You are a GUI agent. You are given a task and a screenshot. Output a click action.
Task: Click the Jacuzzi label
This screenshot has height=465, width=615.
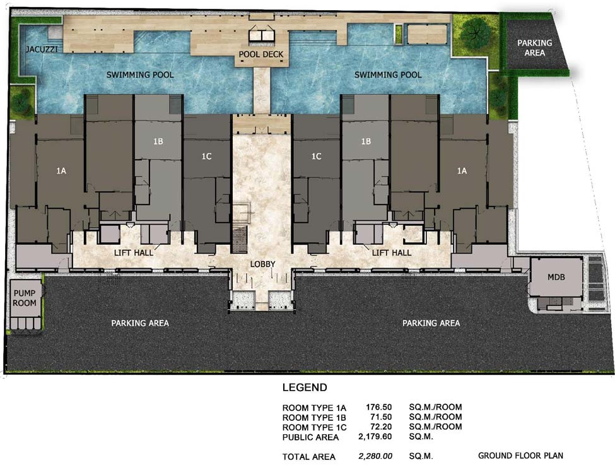tap(42, 49)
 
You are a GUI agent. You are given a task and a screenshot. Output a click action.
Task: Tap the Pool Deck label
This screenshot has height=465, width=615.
tap(261, 54)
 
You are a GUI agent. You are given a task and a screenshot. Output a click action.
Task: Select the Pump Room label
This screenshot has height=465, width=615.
tap(25, 298)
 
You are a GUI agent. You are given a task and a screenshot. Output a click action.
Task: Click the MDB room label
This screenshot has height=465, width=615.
tap(556, 277)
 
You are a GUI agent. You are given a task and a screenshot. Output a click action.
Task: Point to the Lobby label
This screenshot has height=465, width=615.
tap(262, 264)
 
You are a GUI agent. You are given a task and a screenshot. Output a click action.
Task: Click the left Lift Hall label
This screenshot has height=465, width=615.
tap(133, 253)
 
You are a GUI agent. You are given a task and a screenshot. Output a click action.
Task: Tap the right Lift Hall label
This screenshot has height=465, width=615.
tap(392, 253)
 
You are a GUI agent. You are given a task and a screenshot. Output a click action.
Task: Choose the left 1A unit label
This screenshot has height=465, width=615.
tap(61, 171)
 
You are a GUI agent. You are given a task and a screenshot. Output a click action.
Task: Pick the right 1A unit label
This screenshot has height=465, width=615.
tap(462, 171)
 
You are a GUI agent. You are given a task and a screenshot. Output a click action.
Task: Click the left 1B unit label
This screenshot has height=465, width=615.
tap(158, 141)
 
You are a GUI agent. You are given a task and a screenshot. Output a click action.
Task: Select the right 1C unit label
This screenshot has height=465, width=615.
tap(316, 156)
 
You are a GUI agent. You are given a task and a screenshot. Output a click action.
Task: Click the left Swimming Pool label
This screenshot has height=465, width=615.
tap(140, 74)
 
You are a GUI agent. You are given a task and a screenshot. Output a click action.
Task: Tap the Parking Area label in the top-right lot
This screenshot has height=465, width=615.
tap(535, 47)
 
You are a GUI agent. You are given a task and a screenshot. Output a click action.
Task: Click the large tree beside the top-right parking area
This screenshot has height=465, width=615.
tap(476, 33)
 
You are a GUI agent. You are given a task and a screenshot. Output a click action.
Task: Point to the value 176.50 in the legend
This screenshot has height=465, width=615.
tap(378, 407)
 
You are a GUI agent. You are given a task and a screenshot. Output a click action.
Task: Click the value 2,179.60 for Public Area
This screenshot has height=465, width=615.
tap(375, 437)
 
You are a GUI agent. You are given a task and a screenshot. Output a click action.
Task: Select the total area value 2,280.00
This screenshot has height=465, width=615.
tap(375, 456)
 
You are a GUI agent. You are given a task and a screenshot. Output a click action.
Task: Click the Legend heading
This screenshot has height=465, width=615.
tap(305, 387)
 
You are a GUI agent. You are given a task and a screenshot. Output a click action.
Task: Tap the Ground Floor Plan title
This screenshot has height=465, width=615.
tap(520, 456)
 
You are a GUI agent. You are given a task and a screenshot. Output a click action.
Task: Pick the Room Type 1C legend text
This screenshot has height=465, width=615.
tap(314, 427)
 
